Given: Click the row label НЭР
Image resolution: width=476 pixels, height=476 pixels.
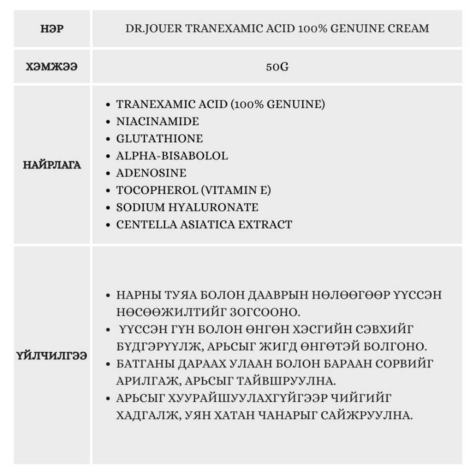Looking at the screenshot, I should pyautogui.click(x=52, y=29).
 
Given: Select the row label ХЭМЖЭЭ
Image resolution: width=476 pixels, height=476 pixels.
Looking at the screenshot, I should pyautogui.click(x=52, y=67).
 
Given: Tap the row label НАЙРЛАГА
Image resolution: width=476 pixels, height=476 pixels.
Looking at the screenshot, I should pyautogui.click(x=52, y=165).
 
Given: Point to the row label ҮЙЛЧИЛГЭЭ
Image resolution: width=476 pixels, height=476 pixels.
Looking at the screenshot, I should pyautogui.click(x=52, y=355).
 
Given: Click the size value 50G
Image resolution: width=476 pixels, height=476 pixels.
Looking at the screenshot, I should pyautogui.click(x=277, y=67).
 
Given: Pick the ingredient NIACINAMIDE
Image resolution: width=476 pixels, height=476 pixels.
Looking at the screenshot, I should pyautogui.click(x=158, y=121).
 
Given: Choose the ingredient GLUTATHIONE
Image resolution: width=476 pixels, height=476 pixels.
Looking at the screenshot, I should pyautogui.click(x=159, y=139).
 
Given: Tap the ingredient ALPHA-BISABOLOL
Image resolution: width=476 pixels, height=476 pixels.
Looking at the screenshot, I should pyautogui.click(x=172, y=156).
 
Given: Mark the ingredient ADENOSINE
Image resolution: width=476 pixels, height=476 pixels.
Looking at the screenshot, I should pyautogui.click(x=151, y=173).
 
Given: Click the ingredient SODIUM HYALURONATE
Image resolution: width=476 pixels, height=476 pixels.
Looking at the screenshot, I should pyautogui.click(x=187, y=207).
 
